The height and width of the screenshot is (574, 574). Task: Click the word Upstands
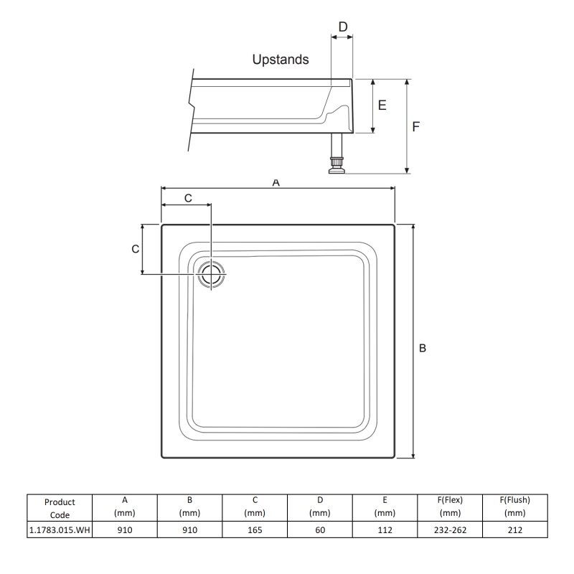pos(281,60)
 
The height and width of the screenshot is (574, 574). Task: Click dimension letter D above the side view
pos(343,27)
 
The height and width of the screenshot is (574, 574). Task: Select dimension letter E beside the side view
pos(382,105)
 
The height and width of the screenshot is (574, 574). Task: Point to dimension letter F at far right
pos(417,126)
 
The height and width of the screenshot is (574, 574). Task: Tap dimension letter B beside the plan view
pos(423,347)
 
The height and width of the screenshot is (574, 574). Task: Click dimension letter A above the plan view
pos(276,183)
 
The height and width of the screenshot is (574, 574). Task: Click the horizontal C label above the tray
pos(188,197)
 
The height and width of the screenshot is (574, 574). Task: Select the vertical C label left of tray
pos(134,249)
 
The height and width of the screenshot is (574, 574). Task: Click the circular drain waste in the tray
pos(212,274)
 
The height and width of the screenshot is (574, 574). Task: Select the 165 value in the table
pos(254,530)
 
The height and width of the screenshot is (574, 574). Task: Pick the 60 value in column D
pos(319,530)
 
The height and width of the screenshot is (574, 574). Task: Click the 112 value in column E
pos(385,530)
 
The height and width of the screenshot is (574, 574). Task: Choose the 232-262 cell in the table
pos(450,530)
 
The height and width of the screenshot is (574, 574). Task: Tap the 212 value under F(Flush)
pos(514,530)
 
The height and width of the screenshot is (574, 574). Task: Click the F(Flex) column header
pos(450,507)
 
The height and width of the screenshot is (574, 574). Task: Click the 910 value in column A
pos(124,530)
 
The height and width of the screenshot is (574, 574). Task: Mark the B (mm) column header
pos(189,507)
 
